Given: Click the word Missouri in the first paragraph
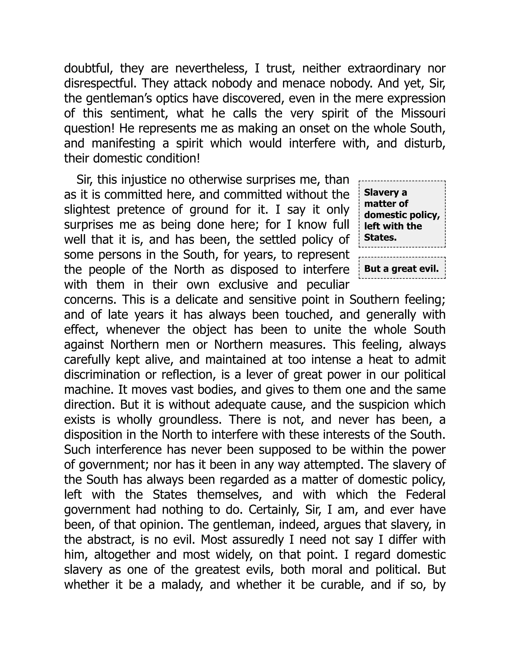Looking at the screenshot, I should pos(423,113).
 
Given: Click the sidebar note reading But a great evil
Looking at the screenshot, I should pos(401,268).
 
